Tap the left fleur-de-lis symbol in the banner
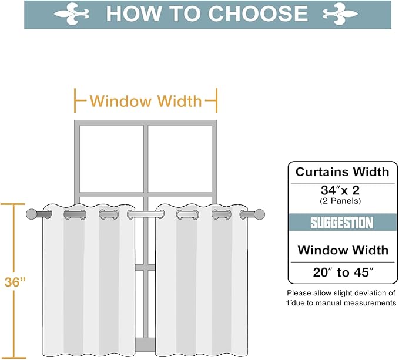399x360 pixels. pos(72,14)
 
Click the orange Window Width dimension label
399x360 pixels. pos(146,101)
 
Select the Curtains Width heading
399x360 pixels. pos(342,172)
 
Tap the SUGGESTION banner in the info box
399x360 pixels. pos(341,223)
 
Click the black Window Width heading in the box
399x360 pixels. pos(341,250)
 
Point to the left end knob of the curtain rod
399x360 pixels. pos(31,214)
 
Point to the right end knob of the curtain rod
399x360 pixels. pos(260,214)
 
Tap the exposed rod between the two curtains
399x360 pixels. pos(146,215)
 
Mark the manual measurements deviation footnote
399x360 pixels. pos(341,298)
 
